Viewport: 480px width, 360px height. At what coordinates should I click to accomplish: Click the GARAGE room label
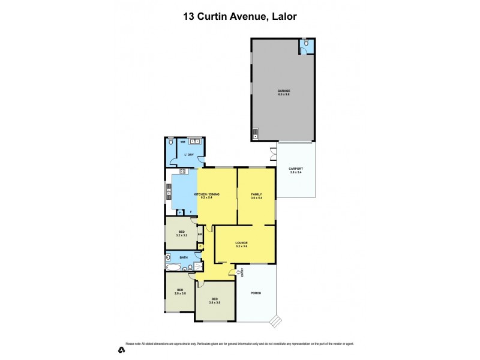coord(283,92)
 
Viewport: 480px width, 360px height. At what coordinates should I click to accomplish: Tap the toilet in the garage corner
coord(306,43)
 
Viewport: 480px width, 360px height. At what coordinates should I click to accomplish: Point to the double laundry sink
coord(194,142)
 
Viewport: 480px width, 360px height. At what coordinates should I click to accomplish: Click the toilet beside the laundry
coord(172,143)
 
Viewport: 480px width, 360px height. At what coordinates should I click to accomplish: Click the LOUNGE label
coord(241,244)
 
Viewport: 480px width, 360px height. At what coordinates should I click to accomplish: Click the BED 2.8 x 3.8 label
coord(180,292)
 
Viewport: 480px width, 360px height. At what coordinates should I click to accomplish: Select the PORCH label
coord(257,293)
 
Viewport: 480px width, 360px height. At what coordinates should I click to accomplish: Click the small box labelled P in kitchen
coord(179,212)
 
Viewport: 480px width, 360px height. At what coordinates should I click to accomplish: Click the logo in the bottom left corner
coord(120,349)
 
